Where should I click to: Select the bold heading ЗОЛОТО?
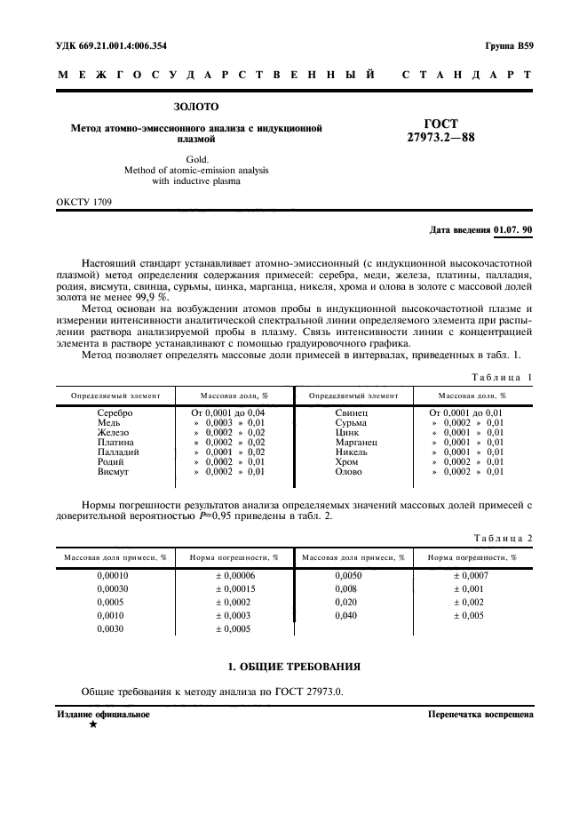tap(195, 108)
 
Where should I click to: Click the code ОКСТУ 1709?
tap(85, 202)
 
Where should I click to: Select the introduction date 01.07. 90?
tap(512, 229)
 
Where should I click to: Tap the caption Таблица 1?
tap(503, 377)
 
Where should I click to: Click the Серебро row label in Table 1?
tap(115, 413)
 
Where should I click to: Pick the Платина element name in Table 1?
tap(115, 441)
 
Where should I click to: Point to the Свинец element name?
tap(352, 413)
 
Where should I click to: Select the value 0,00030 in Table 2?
tap(113, 588)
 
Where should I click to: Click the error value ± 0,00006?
tap(236, 575)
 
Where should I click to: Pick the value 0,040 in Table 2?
tap(346, 615)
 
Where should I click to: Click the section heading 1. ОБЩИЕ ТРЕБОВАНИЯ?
tap(293, 667)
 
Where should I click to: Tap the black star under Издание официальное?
tap(92, 724)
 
